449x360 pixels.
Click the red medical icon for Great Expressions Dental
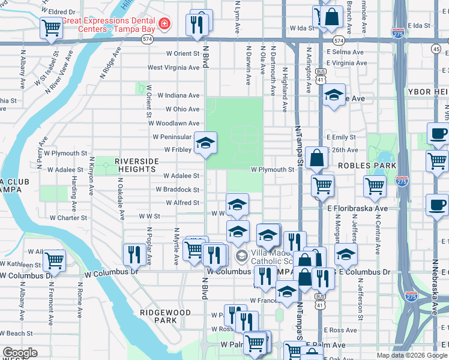[x=164, y=24]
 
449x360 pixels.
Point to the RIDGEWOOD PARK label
[x=165, y=316]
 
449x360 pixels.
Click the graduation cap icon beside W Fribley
[x=205, y=143]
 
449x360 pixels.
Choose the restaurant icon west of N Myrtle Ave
[x=133, y=254]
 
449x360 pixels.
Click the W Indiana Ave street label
[x=178, y=95]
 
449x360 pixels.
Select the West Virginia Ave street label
[x=173, y=68]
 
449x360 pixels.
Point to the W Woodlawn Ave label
[x=173, y=123]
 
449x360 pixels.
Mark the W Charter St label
[x=68, y=218]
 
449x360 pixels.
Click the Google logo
[x=20, y=353]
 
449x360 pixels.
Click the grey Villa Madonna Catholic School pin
[x=241, y=256]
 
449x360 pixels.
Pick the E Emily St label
[x=342, y=137]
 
